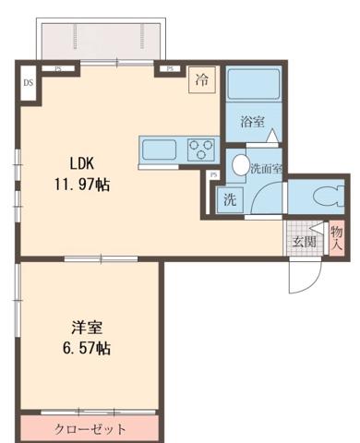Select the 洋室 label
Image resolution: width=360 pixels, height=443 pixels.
88,327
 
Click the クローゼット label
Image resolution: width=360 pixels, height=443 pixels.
90,429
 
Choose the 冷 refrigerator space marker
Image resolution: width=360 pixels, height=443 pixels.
200,80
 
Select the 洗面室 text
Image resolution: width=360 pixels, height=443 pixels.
265,168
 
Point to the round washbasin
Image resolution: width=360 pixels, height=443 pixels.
240,166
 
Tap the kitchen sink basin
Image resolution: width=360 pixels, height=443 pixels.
158,148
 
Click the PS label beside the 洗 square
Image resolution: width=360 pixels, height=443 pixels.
213,175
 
